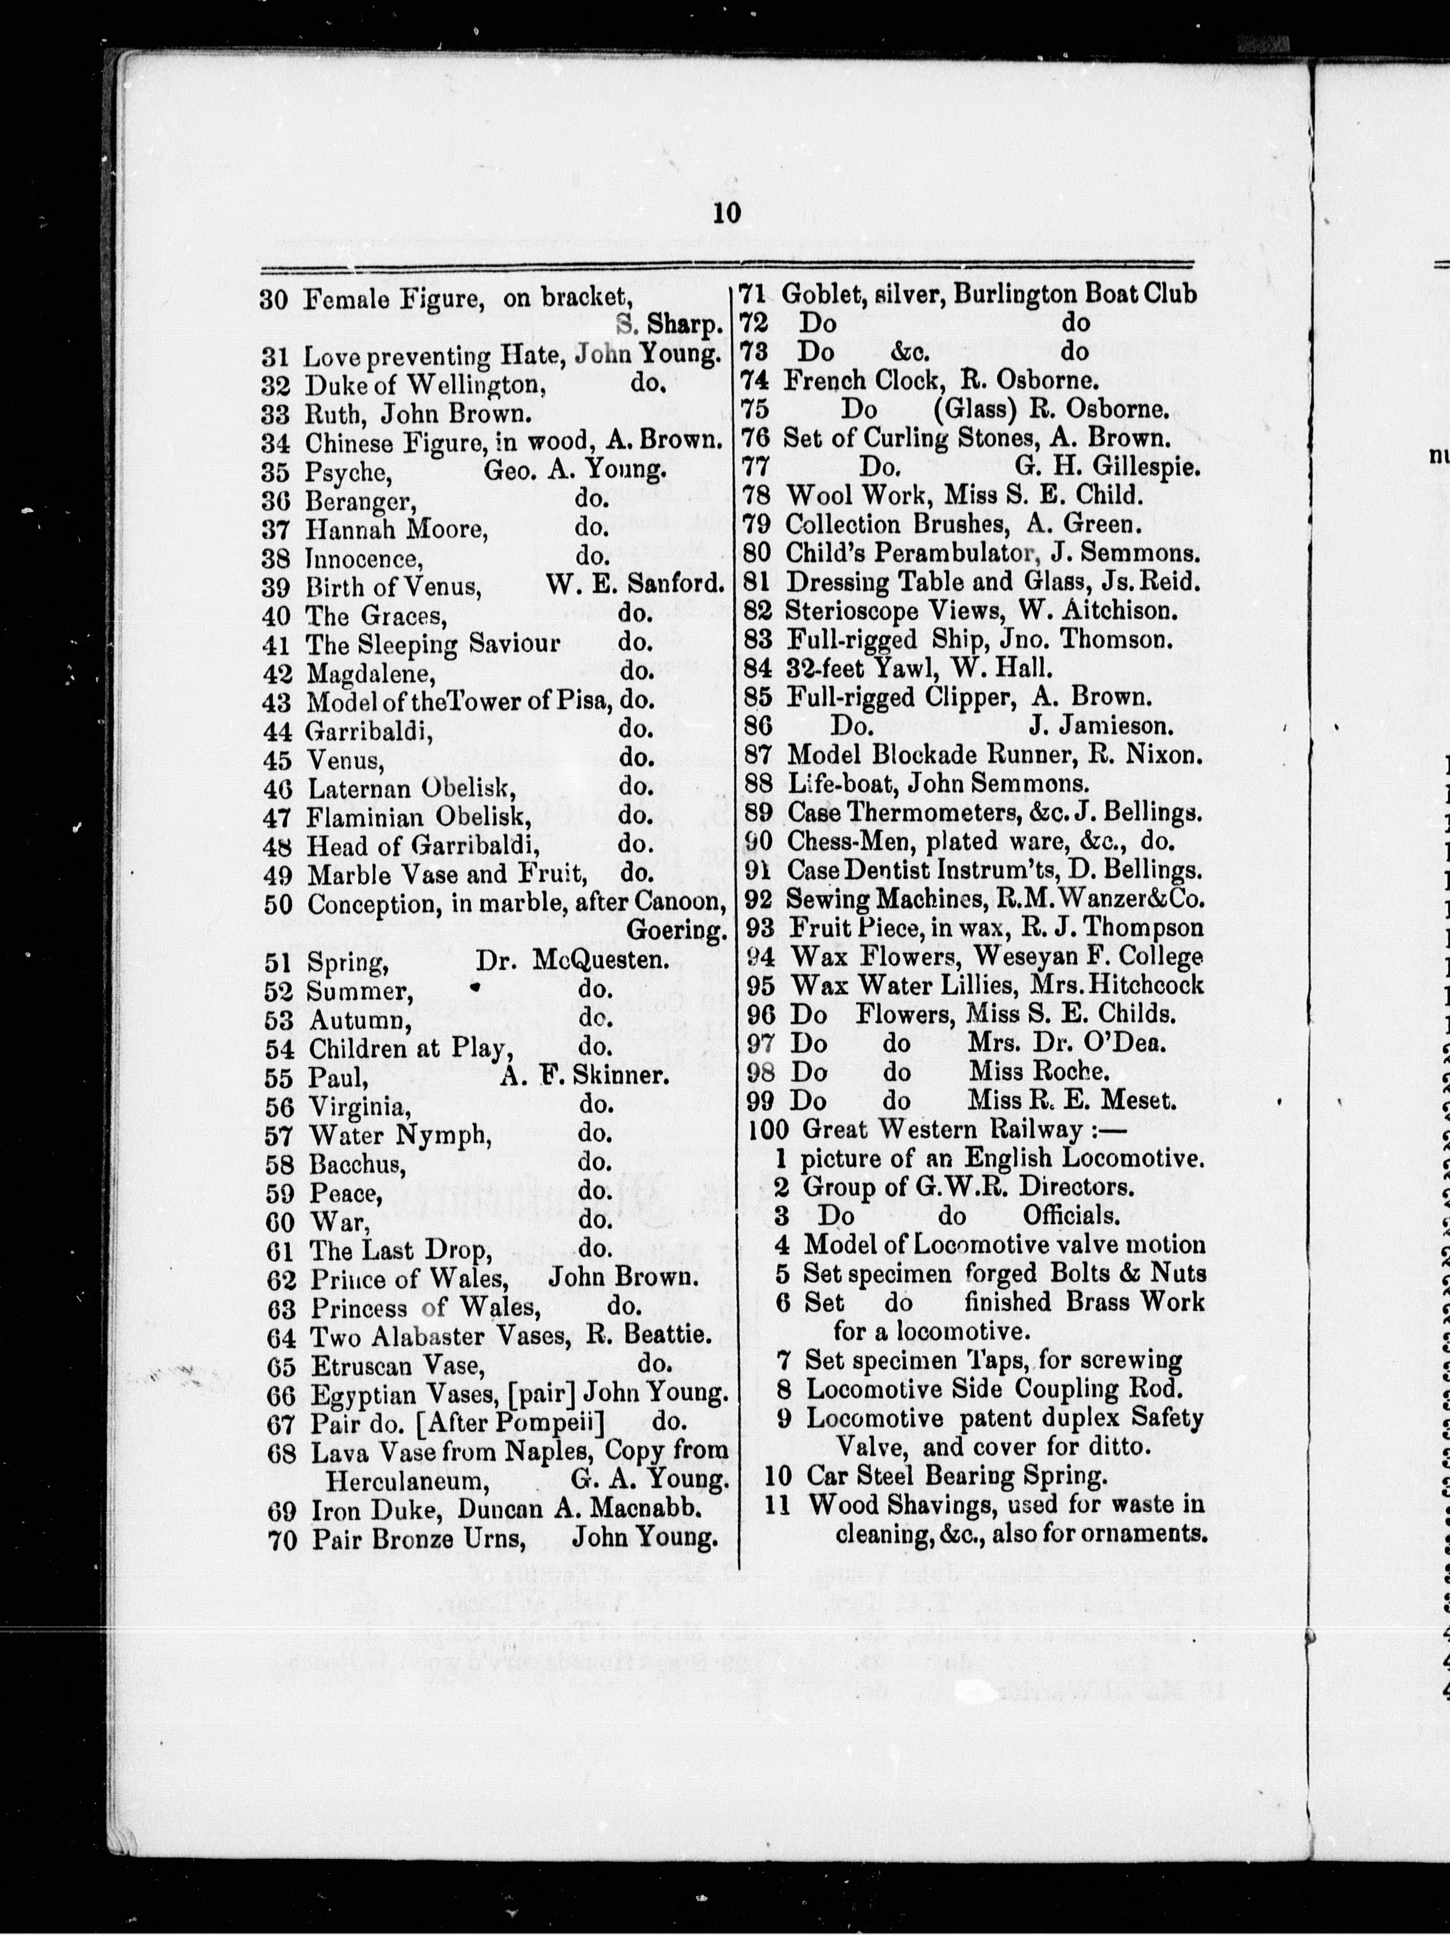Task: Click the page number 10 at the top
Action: [727, 213]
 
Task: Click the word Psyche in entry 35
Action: [345, 472]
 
